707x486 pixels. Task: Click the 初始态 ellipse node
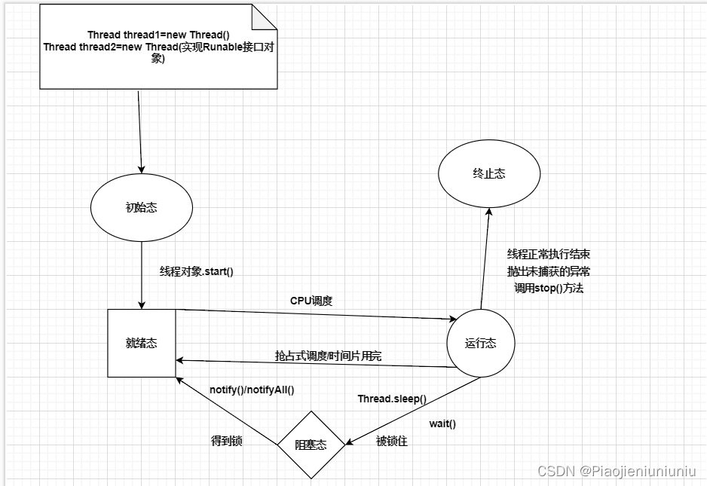point(141,208)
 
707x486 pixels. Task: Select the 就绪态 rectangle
point(142,343)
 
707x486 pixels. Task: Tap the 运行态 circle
point(481,344)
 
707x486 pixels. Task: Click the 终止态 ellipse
point(490,173)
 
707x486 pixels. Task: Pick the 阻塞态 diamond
point(311,445)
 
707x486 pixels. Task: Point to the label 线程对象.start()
point(197,271)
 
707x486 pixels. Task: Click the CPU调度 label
point(311,301)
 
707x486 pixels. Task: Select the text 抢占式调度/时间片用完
point(328,356)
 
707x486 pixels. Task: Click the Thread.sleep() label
point(392,399)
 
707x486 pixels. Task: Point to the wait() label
point(442,423)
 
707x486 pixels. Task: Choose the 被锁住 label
point(392,442)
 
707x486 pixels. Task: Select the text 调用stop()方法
point(549,288)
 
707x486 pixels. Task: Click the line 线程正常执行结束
point(554,255)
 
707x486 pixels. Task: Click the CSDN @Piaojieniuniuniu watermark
point(617,471)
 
